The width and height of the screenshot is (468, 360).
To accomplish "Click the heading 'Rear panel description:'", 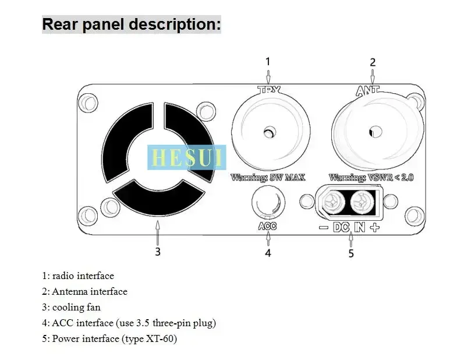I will pos(131,24).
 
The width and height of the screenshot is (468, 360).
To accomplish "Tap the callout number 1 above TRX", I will pos(268,61).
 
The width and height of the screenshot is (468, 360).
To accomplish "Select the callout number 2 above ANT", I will pos(373,62).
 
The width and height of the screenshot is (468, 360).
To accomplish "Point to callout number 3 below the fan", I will pos(157,252).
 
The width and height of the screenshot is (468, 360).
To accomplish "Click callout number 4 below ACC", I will pos(268,253).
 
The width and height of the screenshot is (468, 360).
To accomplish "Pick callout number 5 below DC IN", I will pos(351,253).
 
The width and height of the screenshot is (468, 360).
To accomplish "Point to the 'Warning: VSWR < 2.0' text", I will pos(371,177).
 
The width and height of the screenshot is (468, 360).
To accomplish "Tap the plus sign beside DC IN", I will pos(374,228).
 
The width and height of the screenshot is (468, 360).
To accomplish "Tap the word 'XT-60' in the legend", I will pos(163,338).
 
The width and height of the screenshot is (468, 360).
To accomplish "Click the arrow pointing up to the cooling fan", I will pos(157,230).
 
